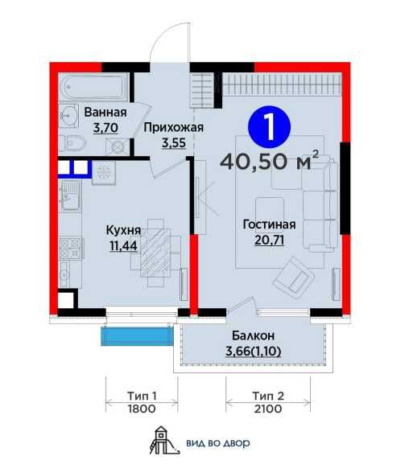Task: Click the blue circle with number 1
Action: coord(269,127)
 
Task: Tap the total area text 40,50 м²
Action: coord(270,162)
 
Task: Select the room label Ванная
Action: coord(105,113)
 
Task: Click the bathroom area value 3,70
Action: coord(105,128)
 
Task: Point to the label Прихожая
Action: coord(174,128)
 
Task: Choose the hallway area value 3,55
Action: coord(174,142)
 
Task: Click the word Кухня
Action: coord(123,230)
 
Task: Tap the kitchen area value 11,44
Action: coord(123,246)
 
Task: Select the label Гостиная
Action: coord(270,224)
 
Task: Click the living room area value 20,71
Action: coord(270,240)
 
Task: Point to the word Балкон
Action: coord(253,335)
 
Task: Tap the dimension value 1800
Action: coord(142,409)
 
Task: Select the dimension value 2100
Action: coord(268,409)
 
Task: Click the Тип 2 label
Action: coord(268,396)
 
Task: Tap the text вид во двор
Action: coord(218,443)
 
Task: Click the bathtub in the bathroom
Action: coord(94,88)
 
